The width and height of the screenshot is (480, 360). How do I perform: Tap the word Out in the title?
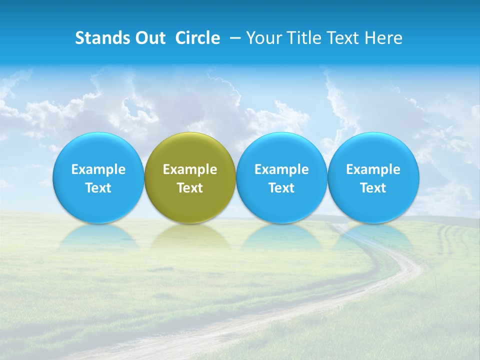point(149,38)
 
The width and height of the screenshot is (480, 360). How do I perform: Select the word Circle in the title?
point(197,38)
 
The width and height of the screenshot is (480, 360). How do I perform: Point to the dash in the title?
point(233,38)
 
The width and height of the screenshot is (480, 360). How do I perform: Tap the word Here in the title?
point(382,38)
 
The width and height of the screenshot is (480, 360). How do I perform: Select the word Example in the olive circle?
point(190,169)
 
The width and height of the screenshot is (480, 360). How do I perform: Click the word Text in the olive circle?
point(190,188)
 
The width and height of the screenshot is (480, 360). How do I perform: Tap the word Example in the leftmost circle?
point(98,169)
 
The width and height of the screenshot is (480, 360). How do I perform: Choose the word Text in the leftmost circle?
point(98,188)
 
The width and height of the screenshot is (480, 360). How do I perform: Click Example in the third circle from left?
point(281,169)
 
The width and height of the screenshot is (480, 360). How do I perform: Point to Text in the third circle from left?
point(281,188)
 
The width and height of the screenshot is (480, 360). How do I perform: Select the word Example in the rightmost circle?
point(373,169)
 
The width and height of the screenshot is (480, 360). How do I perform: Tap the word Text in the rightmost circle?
point(373,188)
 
